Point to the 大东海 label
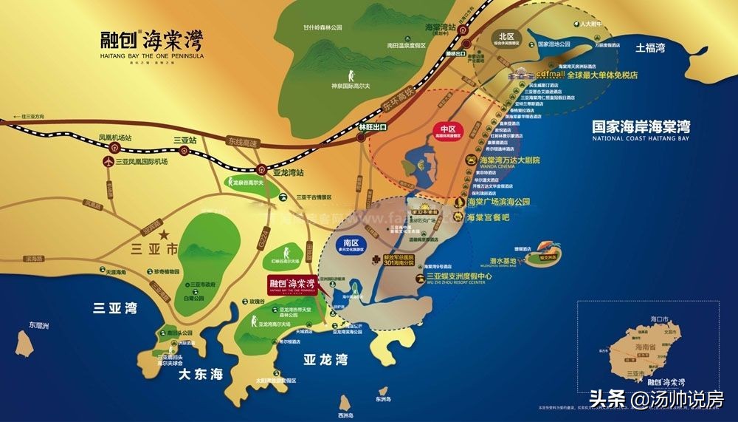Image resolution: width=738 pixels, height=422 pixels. pos(200,375)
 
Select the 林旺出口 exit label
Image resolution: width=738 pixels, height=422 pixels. pos(373,127)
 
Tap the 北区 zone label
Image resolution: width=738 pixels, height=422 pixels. pos(506,36)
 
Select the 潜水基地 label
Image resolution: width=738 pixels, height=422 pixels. pos(502,262)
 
